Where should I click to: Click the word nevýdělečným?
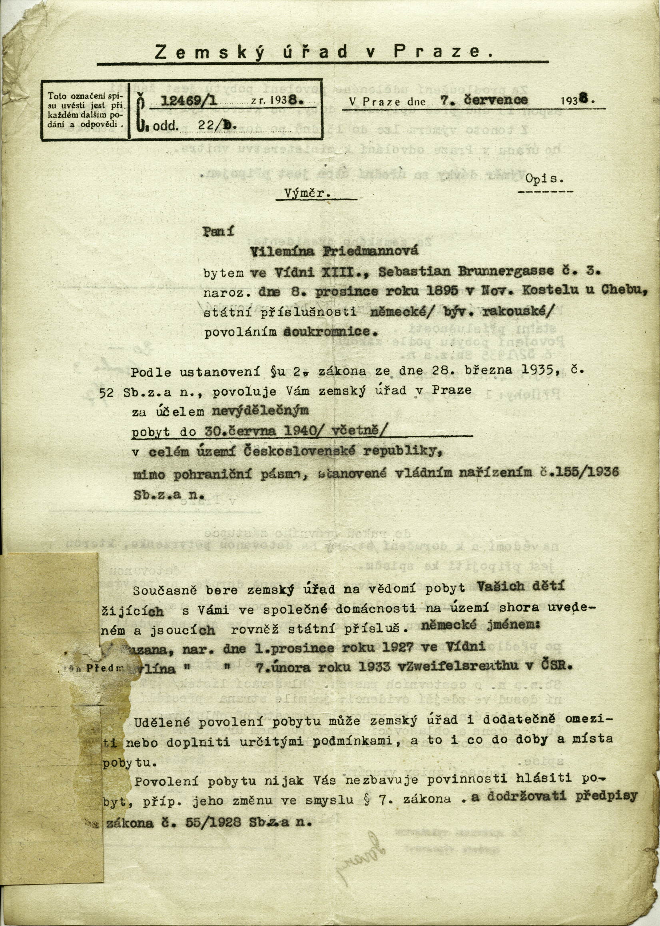(260, 411)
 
